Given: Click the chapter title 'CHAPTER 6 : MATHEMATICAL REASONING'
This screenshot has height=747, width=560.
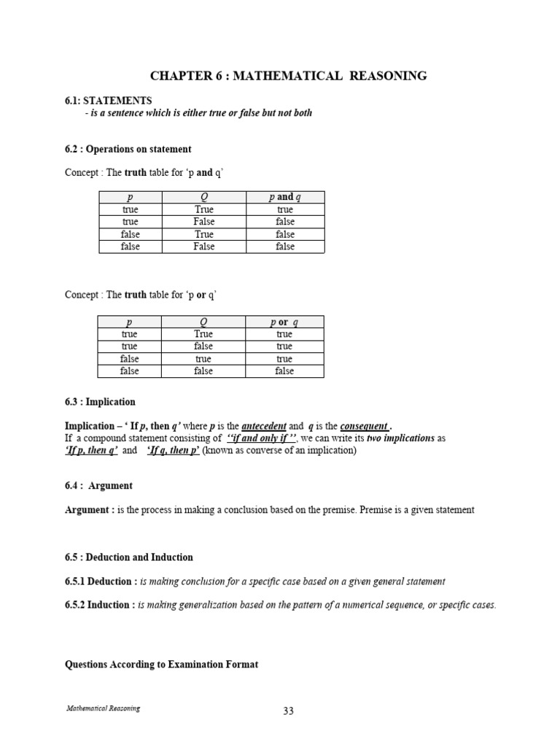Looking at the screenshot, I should tap(288, 76).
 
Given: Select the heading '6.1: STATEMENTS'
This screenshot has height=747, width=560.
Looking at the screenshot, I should tap(108, 101).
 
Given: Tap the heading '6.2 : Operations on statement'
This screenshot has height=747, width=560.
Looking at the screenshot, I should tap(128, 149).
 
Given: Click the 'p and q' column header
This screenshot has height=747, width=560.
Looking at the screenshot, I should tap(285, 197).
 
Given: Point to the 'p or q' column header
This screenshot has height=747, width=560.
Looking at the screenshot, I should tap(285, 322).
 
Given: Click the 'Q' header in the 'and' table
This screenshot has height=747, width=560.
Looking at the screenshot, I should tap(204, 197).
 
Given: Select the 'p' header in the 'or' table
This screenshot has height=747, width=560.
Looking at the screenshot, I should tap(130, 322).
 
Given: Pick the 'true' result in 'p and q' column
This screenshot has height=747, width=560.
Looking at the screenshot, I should tap(285, 209).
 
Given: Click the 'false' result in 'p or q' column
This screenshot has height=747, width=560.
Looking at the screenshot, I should tap(285, 371).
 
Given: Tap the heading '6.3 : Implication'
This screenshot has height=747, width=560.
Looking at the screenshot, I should tap(100, 402).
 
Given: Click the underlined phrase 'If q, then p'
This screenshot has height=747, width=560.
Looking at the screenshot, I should tap(174, 451).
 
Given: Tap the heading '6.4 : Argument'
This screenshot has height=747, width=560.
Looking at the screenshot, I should tap(98, 486).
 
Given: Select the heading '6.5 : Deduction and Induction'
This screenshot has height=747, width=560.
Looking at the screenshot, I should tap(129, 557).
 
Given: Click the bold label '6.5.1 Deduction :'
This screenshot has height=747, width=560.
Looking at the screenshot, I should tap(100, 581).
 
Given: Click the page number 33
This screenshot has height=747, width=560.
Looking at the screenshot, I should tap(288, 711).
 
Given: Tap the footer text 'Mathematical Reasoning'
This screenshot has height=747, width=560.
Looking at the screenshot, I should tap(104, 708).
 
